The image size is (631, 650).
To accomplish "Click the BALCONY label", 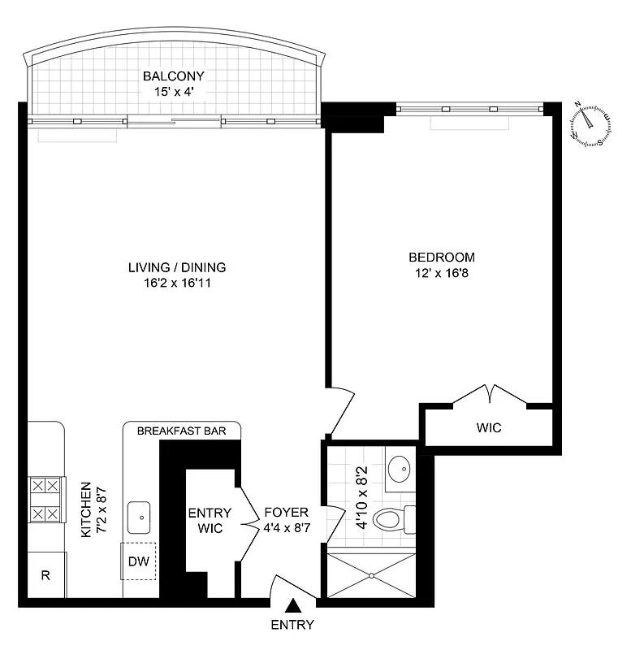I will (174, 76).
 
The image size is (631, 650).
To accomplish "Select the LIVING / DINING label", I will (176, 267).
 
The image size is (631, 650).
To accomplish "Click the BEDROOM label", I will (441, 258).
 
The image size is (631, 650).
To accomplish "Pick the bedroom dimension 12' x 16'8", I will (441, 273).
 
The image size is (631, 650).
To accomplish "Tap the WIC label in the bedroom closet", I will (489, 427).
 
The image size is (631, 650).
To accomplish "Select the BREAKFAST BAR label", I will (182, 431).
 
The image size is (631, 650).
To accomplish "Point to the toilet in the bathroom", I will (393, 517).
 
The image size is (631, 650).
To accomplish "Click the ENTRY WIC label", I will (210, 520).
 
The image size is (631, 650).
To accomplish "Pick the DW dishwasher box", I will (139, 561).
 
